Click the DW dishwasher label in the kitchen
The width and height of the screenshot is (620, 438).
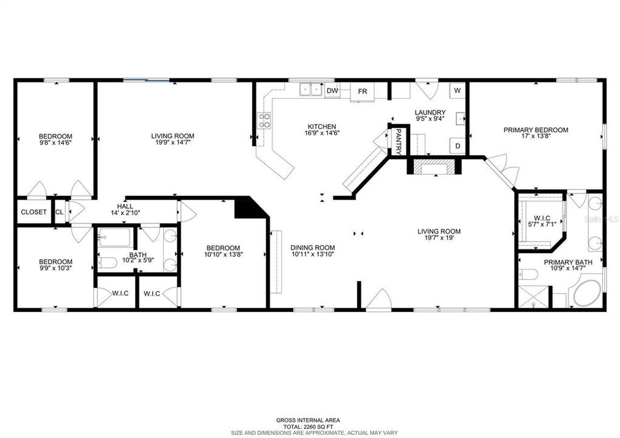point(332,91)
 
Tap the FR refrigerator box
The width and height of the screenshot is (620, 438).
point(363,91)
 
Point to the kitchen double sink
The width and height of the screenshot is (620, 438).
point(312,90)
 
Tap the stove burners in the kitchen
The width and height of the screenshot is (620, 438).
point(264,120)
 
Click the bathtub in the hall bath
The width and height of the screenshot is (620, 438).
point(114,237)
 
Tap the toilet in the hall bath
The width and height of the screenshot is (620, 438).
point(108,263)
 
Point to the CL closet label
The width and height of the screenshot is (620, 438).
point(60,212)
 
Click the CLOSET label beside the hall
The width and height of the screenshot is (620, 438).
point(33,212)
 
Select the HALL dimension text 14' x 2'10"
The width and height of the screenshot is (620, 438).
point(125,213)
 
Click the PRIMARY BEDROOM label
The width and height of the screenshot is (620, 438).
point(535,130)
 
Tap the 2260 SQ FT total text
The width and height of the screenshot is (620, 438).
point(308,426)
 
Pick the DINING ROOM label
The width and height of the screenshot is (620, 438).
point(313,248)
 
